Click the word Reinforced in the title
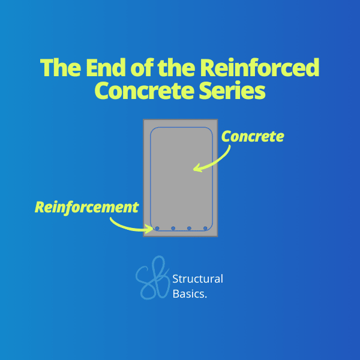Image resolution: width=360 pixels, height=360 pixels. (259, 67)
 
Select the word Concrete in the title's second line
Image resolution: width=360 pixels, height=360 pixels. (145, 90)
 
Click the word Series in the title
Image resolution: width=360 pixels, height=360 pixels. (232, 90)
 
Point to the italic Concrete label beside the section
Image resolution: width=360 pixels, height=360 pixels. (253, 136)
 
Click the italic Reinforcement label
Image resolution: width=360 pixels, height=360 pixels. (86, 208)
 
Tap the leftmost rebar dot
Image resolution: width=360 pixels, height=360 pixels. (157, 228)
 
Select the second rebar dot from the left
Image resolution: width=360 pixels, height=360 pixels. (173, 228)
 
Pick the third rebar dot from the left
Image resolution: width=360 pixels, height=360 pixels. (189, 228)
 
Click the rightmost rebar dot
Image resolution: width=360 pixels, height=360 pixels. (205, 228)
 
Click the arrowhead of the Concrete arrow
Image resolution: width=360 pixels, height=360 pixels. (196, 169)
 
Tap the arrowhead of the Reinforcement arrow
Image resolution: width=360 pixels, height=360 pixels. (151, 229)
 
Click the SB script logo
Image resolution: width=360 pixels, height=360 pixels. (152, 278)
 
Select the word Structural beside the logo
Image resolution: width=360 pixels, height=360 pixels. (197, 279)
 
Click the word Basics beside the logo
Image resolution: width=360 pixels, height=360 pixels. (189, 294)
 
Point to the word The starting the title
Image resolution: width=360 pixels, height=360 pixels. (61, 67)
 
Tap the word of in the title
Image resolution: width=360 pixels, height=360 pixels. (142, 67)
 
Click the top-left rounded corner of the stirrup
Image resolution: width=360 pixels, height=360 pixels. (152, 130)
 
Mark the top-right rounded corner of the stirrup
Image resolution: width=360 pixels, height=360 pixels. (211, 130)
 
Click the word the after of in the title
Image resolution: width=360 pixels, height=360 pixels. (176, 67)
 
